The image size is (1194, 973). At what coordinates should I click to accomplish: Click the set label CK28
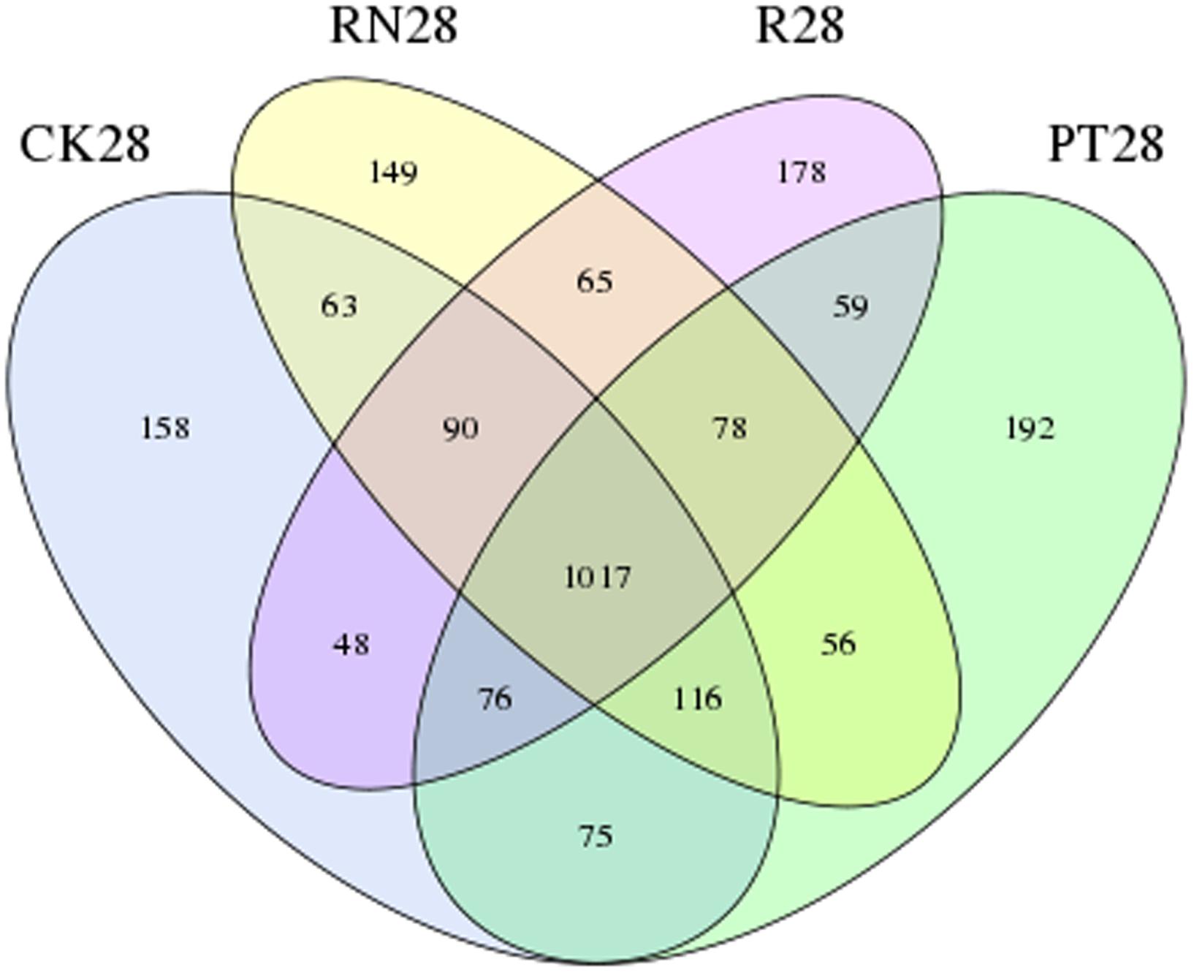tap(85, 144)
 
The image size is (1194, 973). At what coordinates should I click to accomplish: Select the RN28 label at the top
tap(394, 26)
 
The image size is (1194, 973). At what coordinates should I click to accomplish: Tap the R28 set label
tap(799, 26)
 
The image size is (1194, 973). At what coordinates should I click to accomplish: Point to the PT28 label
tap(1106, 144)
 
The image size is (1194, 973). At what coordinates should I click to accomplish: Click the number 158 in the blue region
tap(165, 428)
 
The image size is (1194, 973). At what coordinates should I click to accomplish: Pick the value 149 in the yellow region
tap(394, 173)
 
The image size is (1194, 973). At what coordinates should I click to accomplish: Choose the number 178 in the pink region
tap(802, 173)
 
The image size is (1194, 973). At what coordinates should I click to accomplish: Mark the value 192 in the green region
tap(1030, 429)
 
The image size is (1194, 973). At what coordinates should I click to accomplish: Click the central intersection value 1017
tap(597, 578)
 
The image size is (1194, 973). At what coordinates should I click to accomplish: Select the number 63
tap(340, 306)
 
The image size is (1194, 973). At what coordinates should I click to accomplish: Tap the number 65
tap(595, 281)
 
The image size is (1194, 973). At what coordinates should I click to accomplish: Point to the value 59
tap(851, 306)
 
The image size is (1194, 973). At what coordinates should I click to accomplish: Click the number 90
tap(460, 428)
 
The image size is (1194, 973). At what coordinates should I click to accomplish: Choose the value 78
tap(730, 428)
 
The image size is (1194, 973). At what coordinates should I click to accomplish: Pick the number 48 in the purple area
tap(351, 645)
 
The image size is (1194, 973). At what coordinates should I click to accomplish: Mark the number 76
tap(495, 700)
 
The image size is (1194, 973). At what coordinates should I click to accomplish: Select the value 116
tap(697, 700)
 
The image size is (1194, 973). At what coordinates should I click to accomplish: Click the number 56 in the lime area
tap(838, 644)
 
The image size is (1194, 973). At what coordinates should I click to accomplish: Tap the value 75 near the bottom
tap(596, 836)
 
